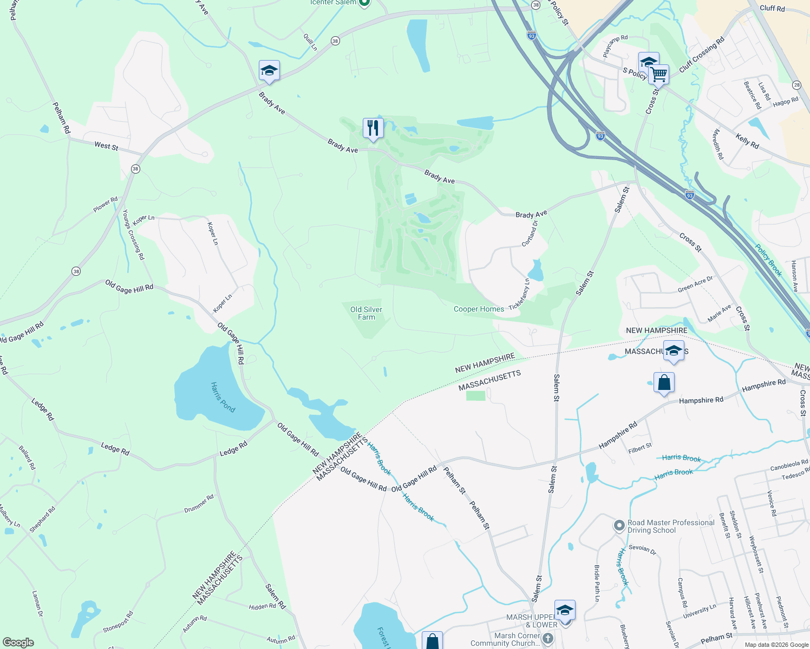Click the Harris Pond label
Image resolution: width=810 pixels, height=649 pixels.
point(223,397)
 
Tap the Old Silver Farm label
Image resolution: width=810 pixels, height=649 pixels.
point(366,313)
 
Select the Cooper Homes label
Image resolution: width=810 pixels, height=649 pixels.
point(479,309)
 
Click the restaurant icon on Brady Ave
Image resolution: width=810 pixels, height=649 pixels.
point(373,128)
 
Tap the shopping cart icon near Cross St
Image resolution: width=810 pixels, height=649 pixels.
point(659,74)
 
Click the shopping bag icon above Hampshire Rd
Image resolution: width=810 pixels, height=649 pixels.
point(664,383)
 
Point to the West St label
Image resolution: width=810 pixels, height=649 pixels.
point(106,146)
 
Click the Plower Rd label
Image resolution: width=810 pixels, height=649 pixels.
point(105,204)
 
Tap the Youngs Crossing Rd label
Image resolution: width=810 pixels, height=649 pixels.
point(133,235)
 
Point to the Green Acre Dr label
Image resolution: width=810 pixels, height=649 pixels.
point(695,284)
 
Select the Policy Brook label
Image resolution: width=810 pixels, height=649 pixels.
point(769,260)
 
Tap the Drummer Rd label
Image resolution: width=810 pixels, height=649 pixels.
point(199,504)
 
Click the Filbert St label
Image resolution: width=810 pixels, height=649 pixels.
point(640,448)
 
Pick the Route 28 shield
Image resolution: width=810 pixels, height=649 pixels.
point(796,85)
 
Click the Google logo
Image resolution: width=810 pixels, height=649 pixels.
point(18,643)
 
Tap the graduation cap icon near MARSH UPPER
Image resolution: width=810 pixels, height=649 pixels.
point(565,610)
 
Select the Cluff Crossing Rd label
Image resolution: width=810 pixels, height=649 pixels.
point(702,54)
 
